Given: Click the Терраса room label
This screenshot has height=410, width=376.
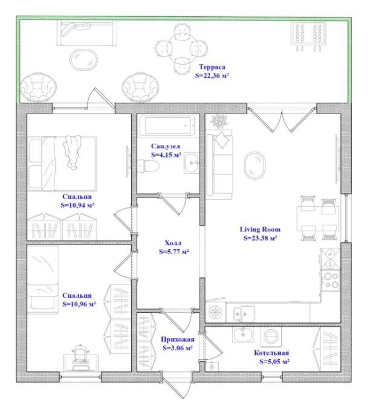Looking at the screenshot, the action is pos(212,67).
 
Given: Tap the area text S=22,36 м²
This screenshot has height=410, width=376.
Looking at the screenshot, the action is pos(212,75).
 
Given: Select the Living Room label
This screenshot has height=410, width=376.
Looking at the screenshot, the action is pos(260,229).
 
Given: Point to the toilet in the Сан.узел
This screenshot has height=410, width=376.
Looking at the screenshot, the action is pos(149,166).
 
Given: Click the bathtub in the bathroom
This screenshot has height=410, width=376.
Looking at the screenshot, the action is pos(166,126).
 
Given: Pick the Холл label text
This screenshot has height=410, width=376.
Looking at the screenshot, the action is pos(173,243).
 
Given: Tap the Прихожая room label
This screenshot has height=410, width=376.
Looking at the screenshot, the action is pos(178,339).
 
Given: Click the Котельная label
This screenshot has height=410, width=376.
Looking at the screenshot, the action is pos(271,353).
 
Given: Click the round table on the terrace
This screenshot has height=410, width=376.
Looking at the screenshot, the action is pos(182,49).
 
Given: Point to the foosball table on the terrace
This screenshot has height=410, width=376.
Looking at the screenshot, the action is pos(309,35).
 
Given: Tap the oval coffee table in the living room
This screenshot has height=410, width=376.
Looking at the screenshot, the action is pos(254,165).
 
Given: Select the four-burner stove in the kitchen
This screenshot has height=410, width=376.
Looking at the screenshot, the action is pos(331,280).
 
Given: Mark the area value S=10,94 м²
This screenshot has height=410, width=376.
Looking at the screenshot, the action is pos(77,205).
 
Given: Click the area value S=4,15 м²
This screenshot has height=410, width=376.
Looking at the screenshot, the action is pos(166,155).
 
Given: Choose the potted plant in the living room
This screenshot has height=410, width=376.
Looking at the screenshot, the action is pos(219,121).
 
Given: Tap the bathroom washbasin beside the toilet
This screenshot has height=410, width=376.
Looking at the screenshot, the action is pos(192,163).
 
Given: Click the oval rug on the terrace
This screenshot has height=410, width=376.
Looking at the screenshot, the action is pos(84,60).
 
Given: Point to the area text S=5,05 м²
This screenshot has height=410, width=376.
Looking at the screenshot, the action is pos(274,362).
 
